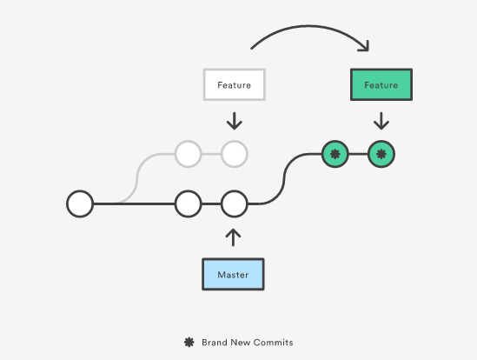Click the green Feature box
tap(381, 84)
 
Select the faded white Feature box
tap(235, 84)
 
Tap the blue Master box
tap(233, 274)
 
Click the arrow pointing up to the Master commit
tap(233, 237)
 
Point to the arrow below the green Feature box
tap(381, 121)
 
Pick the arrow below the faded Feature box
tap(235, 121)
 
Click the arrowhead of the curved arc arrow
tap(364, 46)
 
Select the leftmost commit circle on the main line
tap(80, 203)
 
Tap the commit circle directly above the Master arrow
tap(235, 203)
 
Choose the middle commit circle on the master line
tap(188, 203)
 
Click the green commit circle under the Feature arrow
tap(381, 154)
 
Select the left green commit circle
tap(335, 154)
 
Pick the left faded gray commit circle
tap(188, 154)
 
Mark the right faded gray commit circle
tap(235, 154)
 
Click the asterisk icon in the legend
tap(189, 342)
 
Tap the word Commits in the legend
tap(273, 343)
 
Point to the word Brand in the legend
tap(214, 343)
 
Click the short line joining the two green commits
tap(358, 154)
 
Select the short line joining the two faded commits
tap(211, 154)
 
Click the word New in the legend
tap(240, 343)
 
